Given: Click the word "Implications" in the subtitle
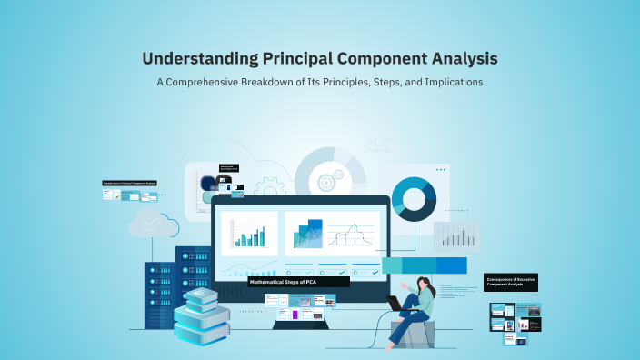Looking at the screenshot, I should (449, 82).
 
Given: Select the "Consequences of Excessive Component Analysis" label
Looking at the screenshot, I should (511, 283).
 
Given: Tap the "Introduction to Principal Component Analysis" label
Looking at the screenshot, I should (129, 183).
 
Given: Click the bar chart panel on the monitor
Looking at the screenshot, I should (249, 234).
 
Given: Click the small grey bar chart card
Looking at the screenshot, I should (455, 236).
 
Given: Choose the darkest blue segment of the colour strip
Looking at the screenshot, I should (451, 265).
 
